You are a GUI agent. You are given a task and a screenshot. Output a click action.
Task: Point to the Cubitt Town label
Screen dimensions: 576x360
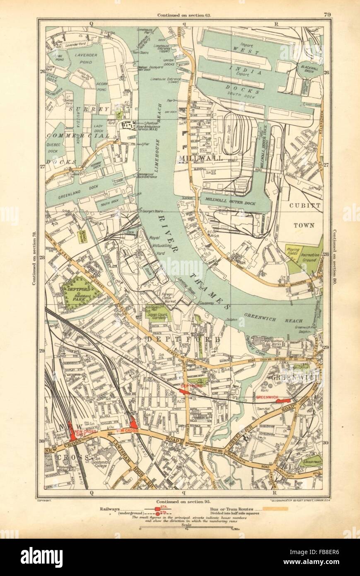tap(305, 218)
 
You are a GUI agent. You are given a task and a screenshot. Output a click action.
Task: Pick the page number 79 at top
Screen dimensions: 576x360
tap(327, 15)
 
